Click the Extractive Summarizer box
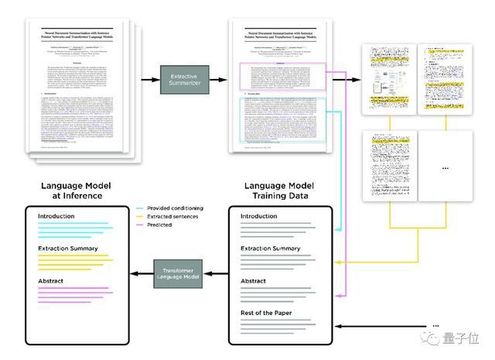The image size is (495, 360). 183,80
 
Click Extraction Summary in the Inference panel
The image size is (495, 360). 67,249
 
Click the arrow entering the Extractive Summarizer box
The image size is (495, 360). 148,80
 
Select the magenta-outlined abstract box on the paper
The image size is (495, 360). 284,76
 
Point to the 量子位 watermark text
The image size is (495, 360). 464,341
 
